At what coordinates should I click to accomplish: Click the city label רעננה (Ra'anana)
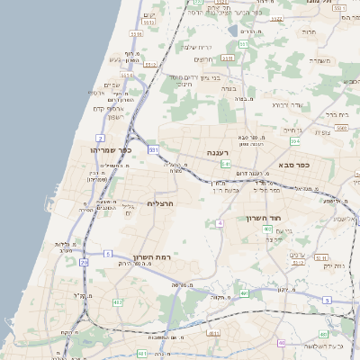click(218, 153)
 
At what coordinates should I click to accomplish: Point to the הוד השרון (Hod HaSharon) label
click(264, 218)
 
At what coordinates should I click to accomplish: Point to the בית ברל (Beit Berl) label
click(334, 115)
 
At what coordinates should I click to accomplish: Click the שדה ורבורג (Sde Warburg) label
click(286, 105)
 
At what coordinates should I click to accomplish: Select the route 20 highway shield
click(84, 262)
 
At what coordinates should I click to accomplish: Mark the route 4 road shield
click(220, 222)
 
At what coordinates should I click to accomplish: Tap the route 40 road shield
click(267, 229)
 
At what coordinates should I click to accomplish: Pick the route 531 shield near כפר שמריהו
click(154, 149)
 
